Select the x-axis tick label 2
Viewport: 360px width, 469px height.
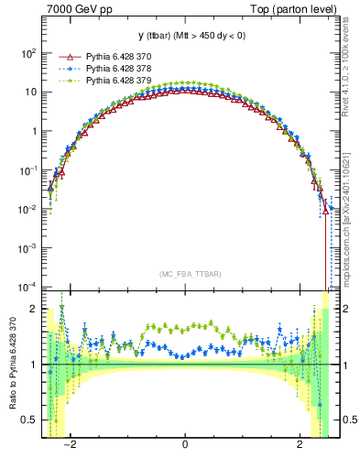point(300,445)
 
